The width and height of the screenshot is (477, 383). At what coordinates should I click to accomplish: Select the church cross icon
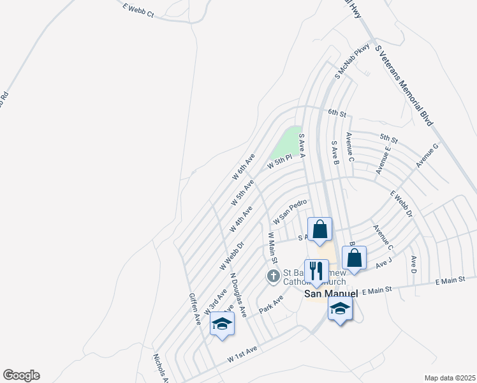[x=273, y=276]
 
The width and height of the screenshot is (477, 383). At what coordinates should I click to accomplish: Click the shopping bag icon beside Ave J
[x=355, y=258]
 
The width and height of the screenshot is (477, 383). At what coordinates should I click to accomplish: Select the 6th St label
[x=336, y=113]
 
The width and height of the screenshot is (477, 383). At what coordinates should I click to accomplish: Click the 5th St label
[x=388, y=138]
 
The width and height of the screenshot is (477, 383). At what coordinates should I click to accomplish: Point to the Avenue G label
[x=427, y=156]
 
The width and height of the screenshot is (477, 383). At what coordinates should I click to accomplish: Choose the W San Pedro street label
[x=290, y=211]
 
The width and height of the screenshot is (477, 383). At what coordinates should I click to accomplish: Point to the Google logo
[x=21, y=375]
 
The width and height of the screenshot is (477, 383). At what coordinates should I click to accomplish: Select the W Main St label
[x=272, y=249]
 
